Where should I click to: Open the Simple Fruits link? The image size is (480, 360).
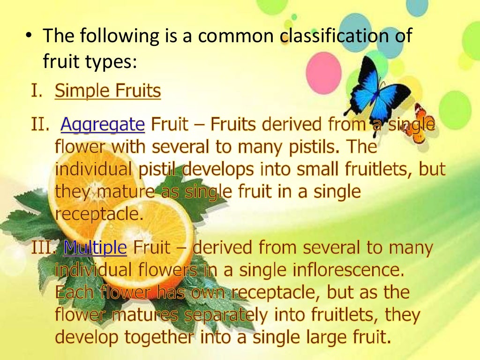pos(108,91)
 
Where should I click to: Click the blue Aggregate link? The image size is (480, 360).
pos(103,124)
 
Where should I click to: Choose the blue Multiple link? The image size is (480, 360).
pos(95,247)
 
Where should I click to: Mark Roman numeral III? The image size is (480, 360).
pos(45,247)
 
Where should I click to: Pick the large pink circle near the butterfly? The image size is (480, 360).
pos(323,73)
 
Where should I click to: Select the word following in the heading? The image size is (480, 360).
pos(118,36)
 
